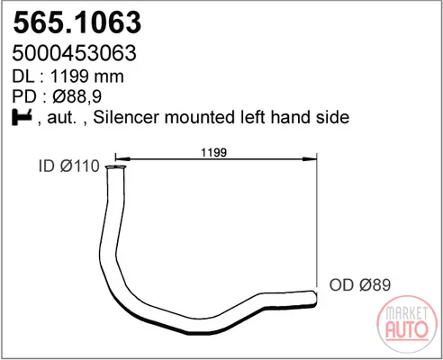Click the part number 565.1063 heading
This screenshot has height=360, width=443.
point(77,22)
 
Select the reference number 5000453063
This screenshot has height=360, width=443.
point(75,53)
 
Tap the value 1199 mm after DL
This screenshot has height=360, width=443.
point(87,76)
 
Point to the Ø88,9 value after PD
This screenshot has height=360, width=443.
point(77,96)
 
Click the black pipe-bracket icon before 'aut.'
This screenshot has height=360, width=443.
point(22,117)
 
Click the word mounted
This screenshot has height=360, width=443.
point(201,117)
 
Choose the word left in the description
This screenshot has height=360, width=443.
point(253,117)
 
